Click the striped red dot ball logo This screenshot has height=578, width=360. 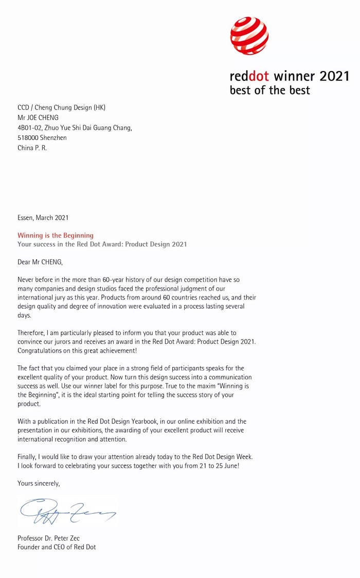click(x=249, y=36)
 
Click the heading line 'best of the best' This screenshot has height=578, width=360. click(x=269, y=91)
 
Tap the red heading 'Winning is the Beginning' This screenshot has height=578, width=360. click(x=56, y=235)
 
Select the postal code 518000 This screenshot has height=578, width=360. click(x=28, y=138)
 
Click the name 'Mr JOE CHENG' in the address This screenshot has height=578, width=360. click(x=38, y=117)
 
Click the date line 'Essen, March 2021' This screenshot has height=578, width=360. click(x=43, y=218)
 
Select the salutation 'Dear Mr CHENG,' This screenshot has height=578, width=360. click(x=40, y=262)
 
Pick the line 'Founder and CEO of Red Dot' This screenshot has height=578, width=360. click(x=57, y=547)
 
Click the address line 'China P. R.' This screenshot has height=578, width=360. click(x=32, y=148)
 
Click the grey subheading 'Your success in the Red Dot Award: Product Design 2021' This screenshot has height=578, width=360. click(x=102, y=244)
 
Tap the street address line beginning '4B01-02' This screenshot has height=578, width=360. click(x=75, y=128)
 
